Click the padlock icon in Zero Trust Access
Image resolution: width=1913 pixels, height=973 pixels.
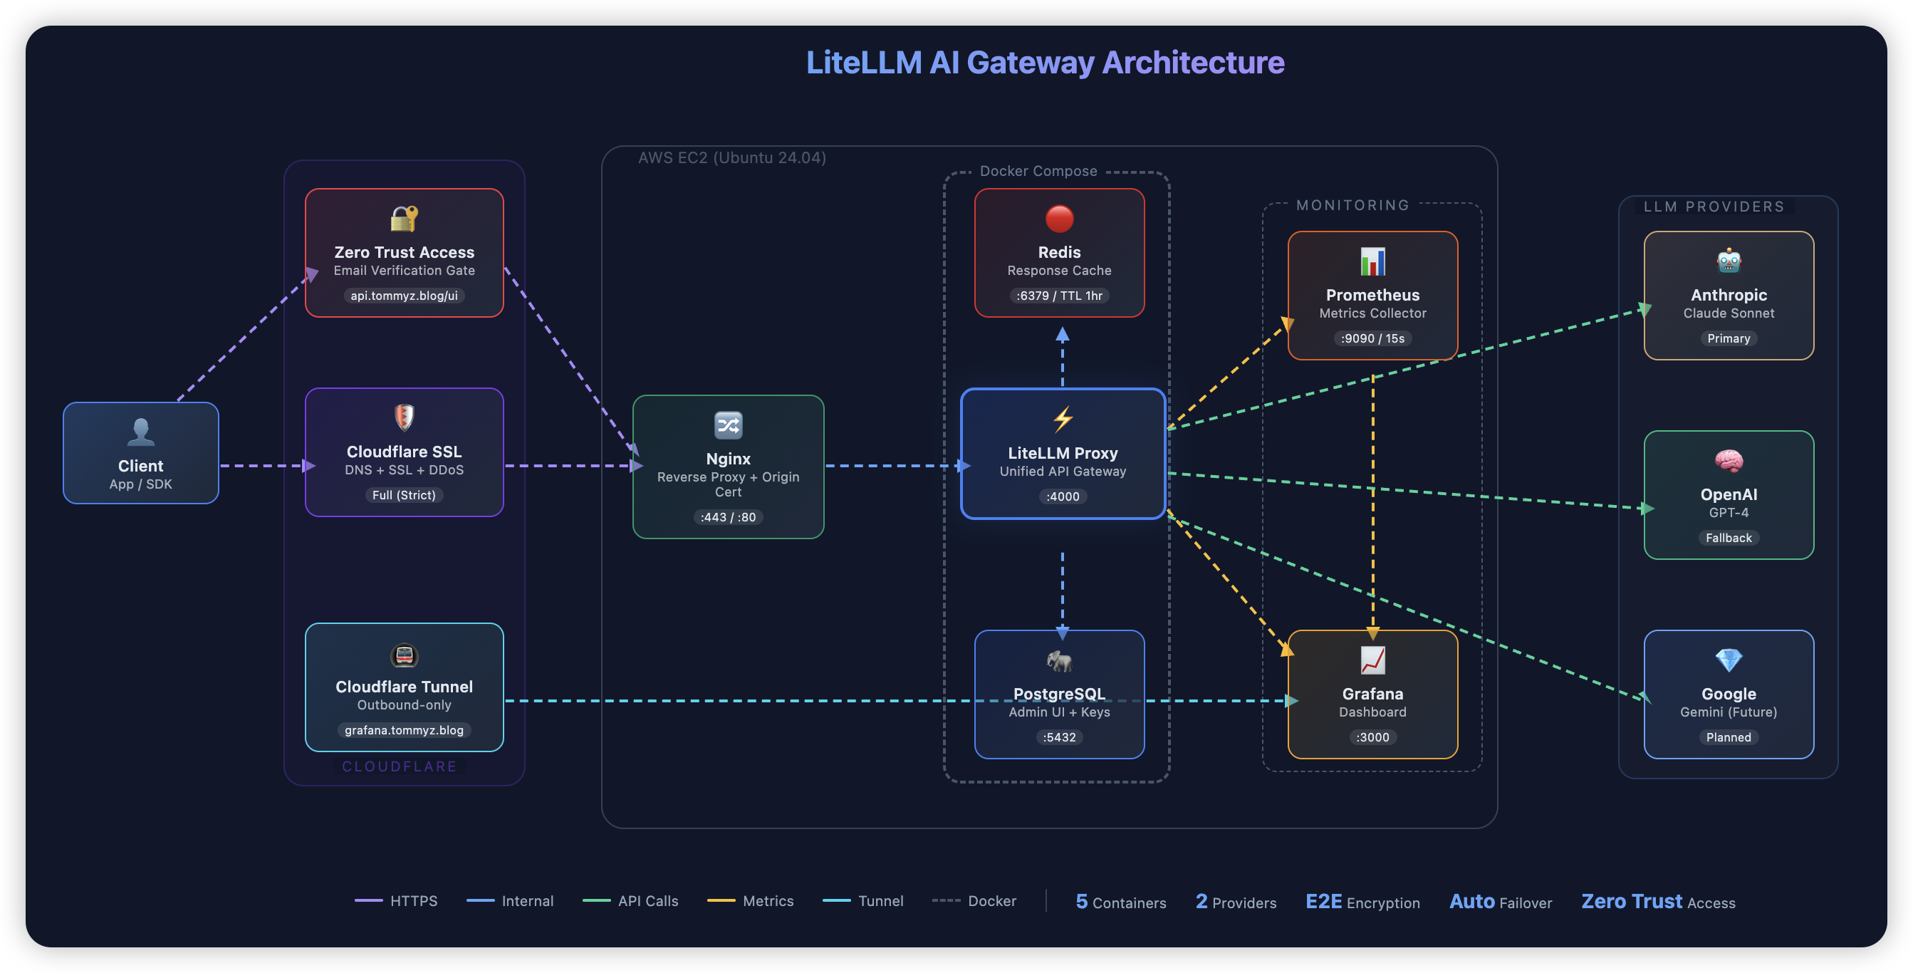(404, 219)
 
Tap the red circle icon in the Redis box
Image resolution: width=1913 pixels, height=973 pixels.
(1059, 219)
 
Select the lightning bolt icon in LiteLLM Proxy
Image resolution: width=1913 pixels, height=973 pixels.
(1063, 420)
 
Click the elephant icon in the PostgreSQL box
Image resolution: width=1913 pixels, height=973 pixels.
(1059, 660)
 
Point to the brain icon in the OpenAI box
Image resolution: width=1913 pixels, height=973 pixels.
(1728, 461)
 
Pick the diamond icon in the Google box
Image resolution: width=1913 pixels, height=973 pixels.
(1728, 660)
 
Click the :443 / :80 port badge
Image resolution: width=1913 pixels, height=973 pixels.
(728, 517)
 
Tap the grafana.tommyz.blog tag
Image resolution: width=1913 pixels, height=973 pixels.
(404, 730)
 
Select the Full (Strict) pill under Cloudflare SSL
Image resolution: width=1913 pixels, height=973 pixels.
(404, 494)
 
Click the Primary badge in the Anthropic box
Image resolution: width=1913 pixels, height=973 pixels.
(1728, 338)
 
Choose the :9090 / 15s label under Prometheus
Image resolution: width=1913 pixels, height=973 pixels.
(1372, 338)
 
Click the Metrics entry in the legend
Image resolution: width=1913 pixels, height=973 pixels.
(751, 901)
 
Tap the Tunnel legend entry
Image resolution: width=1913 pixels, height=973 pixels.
(864, 901)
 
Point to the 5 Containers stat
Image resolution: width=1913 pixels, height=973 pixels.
(1120, 902)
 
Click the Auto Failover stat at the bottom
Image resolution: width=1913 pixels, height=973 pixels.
(1500, 902)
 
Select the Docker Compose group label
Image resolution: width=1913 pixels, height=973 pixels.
(1038, 172)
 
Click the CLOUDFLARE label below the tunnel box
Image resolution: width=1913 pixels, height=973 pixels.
(400, 766)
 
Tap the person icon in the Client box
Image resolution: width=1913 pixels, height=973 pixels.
(140, 432)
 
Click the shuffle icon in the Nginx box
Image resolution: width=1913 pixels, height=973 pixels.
(728, 425)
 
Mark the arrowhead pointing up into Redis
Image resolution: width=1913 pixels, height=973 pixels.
(1063, 335)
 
